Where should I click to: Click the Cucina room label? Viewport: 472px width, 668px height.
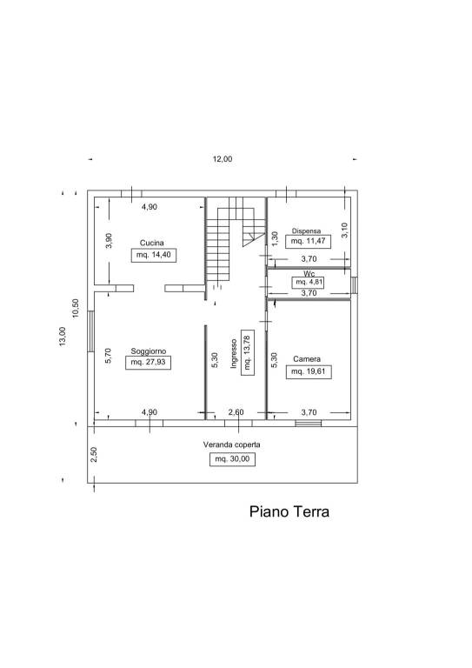coord(152,243)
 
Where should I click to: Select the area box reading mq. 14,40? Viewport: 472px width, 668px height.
coord(154,255)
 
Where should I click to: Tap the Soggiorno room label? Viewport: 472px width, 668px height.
coord(149,351)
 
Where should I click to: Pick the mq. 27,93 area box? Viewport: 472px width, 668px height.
coord(148,363)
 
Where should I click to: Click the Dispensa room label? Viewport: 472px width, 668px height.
coord(307,230)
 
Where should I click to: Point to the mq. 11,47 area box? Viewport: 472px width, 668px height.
coord(308,241)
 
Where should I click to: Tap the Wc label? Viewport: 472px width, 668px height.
coord(309,273)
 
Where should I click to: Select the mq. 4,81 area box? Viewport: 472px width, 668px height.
coord(308,282)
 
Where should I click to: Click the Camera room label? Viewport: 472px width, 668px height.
coord(307,359)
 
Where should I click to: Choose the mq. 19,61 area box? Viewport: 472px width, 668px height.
coord(309,372)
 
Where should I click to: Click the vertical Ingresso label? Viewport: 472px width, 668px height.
coord(234,354)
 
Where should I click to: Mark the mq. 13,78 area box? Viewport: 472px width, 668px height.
coord(248,352)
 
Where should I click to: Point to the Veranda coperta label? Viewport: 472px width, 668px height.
coord(231,444)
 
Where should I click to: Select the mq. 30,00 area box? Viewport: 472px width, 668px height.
coord(232,459)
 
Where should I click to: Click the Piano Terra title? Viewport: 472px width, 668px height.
coord(289,511)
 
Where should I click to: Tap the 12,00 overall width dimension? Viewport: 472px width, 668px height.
coord(223,159)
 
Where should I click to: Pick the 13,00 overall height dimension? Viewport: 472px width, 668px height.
coord(63,337)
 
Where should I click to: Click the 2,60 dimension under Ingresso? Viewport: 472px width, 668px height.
coord(236,412)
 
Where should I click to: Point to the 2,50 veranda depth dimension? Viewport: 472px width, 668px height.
coord(94,454)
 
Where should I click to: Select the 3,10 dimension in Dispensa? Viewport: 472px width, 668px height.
coord(345,230)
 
